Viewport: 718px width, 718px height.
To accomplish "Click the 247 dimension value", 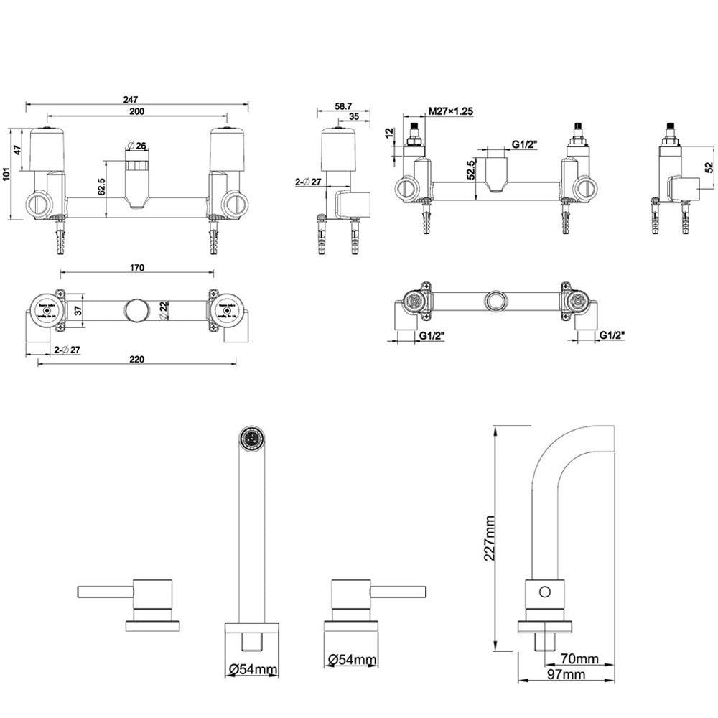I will pyautogui.click(x=130, y=99).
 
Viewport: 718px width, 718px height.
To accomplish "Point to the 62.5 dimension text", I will pyautogui.click(x=102, y=187).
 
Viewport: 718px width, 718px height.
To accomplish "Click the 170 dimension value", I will pyautogui.click(x=137, y=268).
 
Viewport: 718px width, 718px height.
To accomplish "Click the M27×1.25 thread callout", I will pyautogui.click(x=450, y=111).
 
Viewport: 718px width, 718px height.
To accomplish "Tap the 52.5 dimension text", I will pyautogui.click(x=470, y=170).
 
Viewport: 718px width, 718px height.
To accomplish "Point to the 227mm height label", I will pyautogui.click(x=491, y=538).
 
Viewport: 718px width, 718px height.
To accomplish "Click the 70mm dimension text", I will pyautogui.click(x=579, y=658).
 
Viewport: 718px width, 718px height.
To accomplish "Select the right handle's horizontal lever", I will pyautogui.click(x=399, y=591).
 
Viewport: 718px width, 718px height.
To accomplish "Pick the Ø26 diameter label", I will pyautogui.click(x=136, y=146).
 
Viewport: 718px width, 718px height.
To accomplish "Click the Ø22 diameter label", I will pyautogui.click(x=164, y=310).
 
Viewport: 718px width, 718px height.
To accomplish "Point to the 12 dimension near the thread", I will pyautogui.click(x=389, y=134).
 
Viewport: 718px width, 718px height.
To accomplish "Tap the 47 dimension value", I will pyautogui.click(x=17, y=150).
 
